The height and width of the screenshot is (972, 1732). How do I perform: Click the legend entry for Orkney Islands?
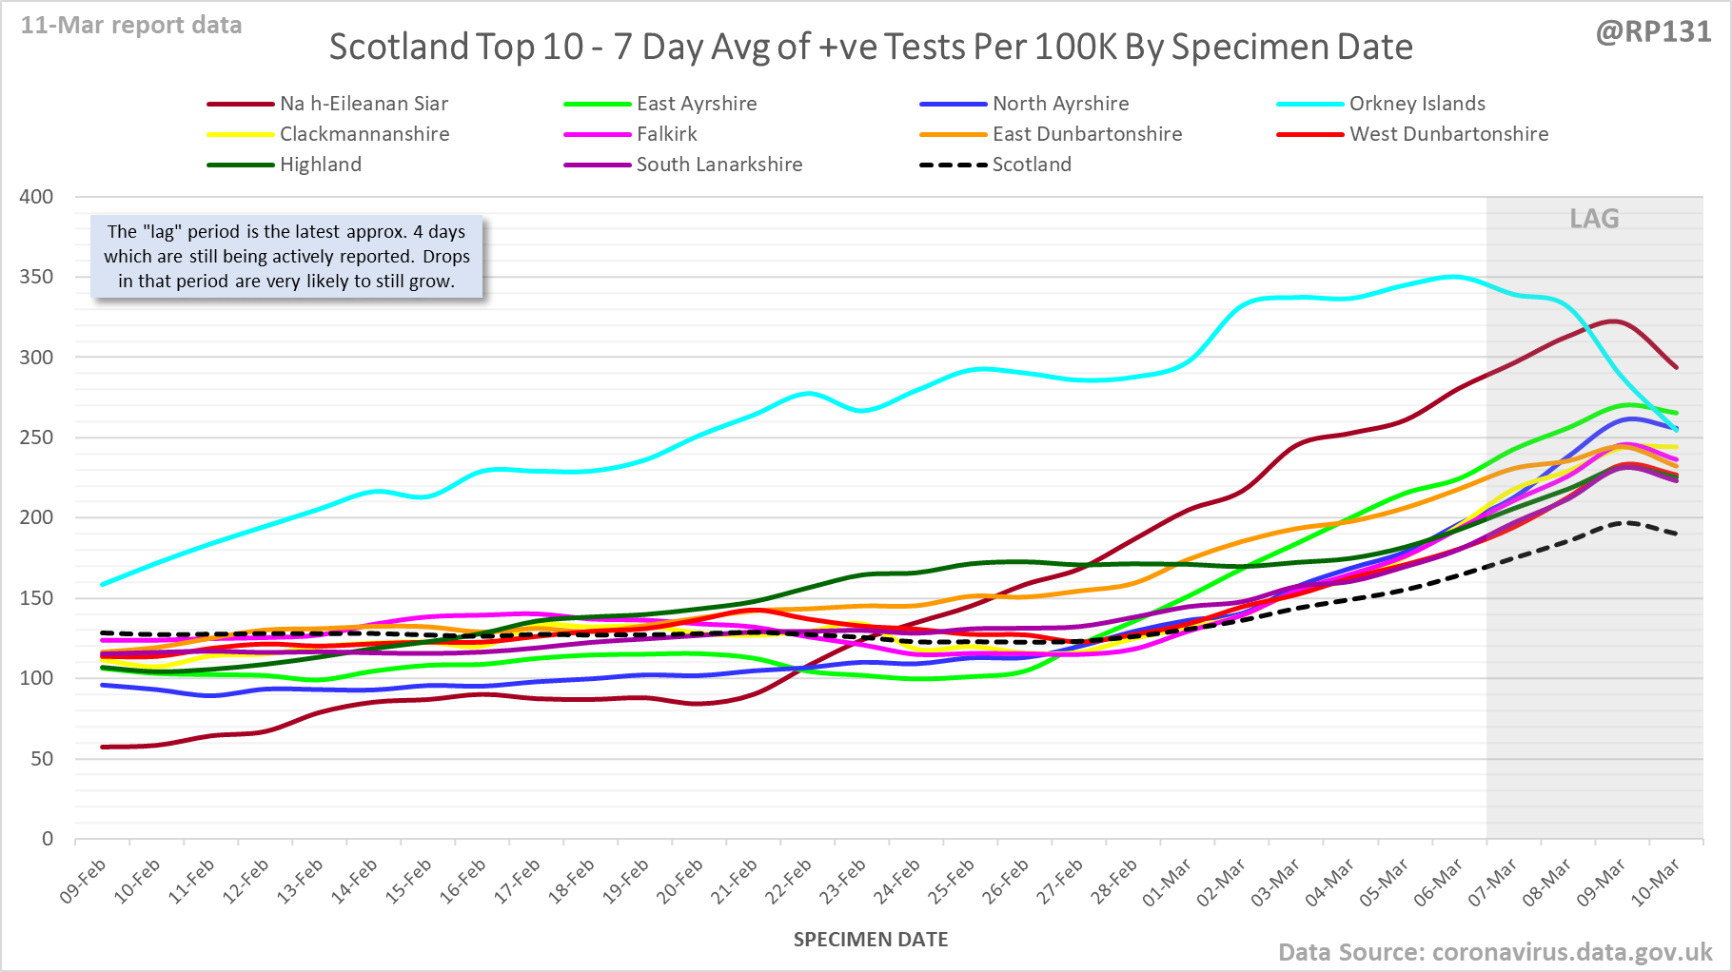click(x=1416, y=104)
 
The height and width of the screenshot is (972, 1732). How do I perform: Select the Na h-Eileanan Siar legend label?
click(x=364, y=104)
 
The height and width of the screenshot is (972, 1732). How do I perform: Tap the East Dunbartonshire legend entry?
click(x=1087, y=134)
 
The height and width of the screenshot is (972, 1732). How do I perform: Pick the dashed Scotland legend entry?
click(x=1032, y=165)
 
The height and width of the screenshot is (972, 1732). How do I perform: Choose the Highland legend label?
click(x=321, y=165)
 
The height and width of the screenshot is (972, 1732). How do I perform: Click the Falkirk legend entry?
click(x=666, y=134)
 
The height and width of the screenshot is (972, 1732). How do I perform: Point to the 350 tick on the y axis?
click(x=36, y=277)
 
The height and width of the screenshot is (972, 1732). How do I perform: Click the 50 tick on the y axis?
click(x=42, y=759)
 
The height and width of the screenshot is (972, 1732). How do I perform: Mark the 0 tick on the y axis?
click(x=48, y=839)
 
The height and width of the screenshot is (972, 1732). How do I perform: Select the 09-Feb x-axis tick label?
click(x=84, y=881)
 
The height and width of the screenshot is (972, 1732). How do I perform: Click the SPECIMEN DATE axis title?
click(x=871, y=940)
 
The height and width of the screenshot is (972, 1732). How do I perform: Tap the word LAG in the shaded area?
click(x=1594, y=219)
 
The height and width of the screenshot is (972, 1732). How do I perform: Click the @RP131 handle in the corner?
click(x=1653, y=32)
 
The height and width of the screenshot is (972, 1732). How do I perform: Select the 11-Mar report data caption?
click(x=131, y=26)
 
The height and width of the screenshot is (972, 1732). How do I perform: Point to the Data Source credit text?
click(x=1494, y=952)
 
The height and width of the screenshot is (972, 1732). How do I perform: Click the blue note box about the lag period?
click(x=286, y=257)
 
